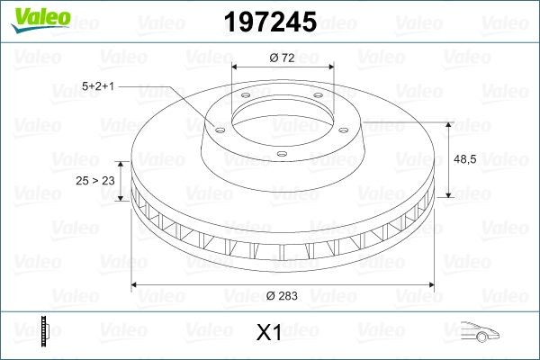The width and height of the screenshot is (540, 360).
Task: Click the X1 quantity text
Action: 269,333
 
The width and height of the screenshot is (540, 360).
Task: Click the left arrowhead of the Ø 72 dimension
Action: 236,67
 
